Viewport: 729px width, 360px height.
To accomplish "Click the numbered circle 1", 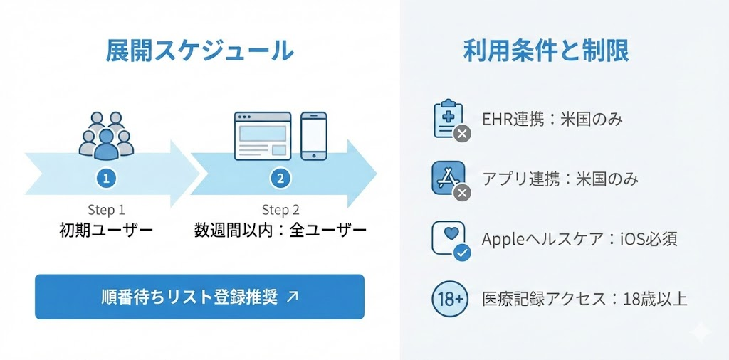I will pos(105,179).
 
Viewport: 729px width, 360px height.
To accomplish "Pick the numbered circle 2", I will pos(280,179).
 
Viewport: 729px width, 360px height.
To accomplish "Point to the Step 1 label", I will pos(106,210).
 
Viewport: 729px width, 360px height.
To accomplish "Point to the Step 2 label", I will pos(280,210).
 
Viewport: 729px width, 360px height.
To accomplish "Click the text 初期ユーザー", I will pos(106,231).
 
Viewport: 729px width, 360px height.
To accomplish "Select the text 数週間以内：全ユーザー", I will pos(280,231).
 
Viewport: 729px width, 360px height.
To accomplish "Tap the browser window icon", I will pos(263,135).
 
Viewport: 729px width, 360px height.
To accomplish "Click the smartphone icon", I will pos(313,135).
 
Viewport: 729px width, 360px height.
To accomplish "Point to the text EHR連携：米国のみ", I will pos(552,119).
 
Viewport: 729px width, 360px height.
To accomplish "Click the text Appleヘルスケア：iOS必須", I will pos(579,238).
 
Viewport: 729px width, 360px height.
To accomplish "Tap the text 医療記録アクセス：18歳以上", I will pos(584,299).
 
